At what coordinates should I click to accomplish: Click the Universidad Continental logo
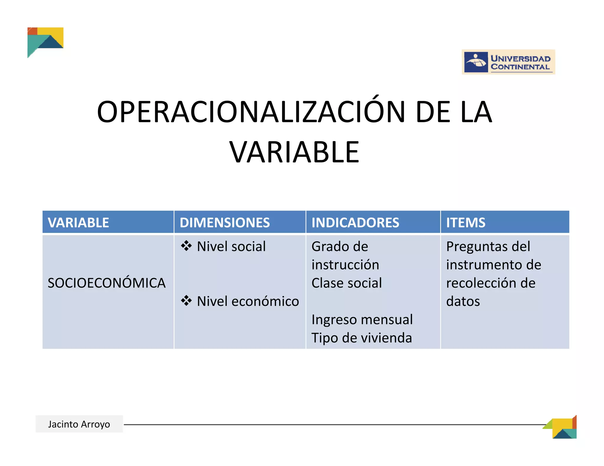508,62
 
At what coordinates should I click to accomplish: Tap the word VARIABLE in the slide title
294,152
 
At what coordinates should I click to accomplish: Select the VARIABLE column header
78,222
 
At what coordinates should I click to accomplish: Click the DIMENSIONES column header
225,222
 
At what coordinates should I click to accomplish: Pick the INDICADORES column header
355,222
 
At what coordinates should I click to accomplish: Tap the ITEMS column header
465,222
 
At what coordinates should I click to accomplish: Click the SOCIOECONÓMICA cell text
106,283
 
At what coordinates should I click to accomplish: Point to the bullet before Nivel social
186,246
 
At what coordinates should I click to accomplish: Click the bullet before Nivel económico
186,301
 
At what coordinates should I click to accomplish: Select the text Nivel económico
248,301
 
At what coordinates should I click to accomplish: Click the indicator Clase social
347,283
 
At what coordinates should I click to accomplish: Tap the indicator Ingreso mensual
362,320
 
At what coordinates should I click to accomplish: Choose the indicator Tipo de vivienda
362,338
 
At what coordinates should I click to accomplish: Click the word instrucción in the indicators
345,265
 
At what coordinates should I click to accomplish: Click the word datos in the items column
463,301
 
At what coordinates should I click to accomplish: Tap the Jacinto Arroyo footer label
79,424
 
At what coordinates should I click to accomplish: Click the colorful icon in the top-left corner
45,41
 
